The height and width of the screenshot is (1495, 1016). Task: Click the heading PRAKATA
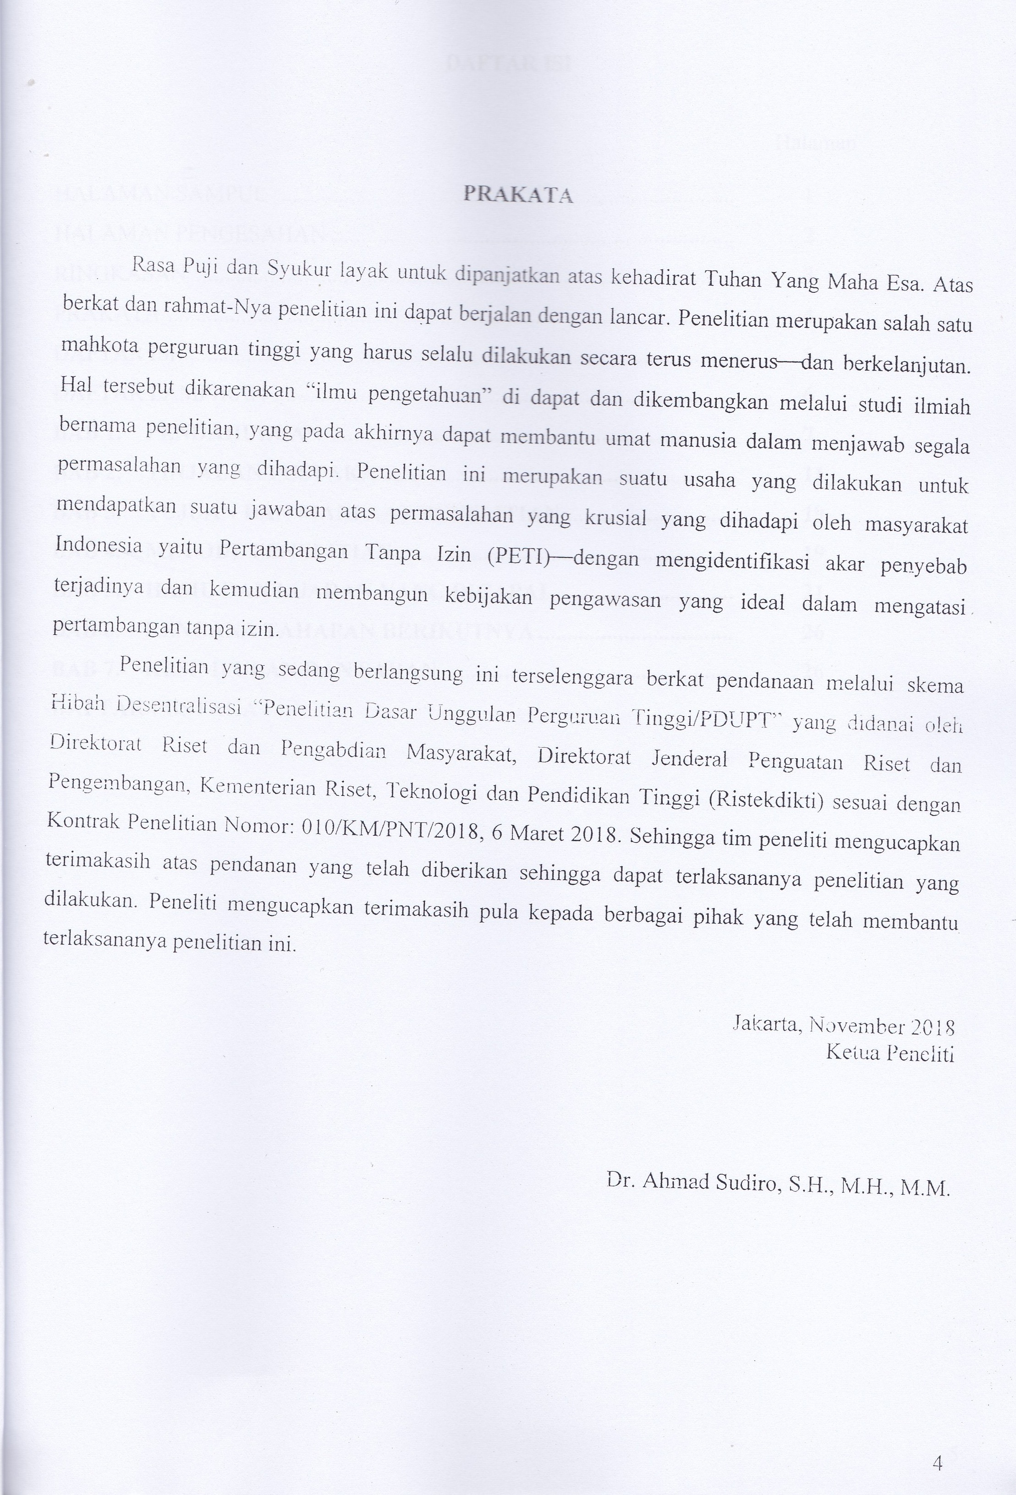coord(518,194)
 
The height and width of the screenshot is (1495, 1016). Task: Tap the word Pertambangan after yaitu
coord(283,550)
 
